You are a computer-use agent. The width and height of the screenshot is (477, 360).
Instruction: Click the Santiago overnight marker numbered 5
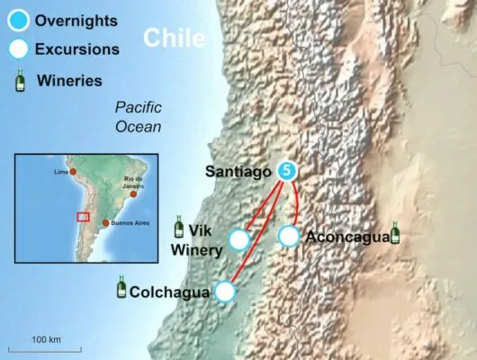pos(287,168)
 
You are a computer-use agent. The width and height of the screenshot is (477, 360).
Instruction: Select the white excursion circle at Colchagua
pos(225,292)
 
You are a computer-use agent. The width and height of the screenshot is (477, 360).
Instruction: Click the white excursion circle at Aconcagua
pos(288,237)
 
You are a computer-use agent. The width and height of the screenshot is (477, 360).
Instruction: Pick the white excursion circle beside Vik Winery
pos(238,239)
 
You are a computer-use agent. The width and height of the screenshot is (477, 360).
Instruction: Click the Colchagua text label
pos(169,292)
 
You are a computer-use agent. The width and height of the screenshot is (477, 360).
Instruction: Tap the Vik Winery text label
pos(205,238)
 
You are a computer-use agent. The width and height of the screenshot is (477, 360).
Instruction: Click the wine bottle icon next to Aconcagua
pos(395,233)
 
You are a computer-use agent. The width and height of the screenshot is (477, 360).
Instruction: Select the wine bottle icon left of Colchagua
pos(120,289)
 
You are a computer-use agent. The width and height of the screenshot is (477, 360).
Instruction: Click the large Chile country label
pos(175,38)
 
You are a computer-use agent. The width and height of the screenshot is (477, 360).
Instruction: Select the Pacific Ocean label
pos(138,116)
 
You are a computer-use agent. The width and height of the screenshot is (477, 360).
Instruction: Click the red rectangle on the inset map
pos(83,216)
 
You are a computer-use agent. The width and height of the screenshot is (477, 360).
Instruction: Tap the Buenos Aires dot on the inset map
pos(106,223)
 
